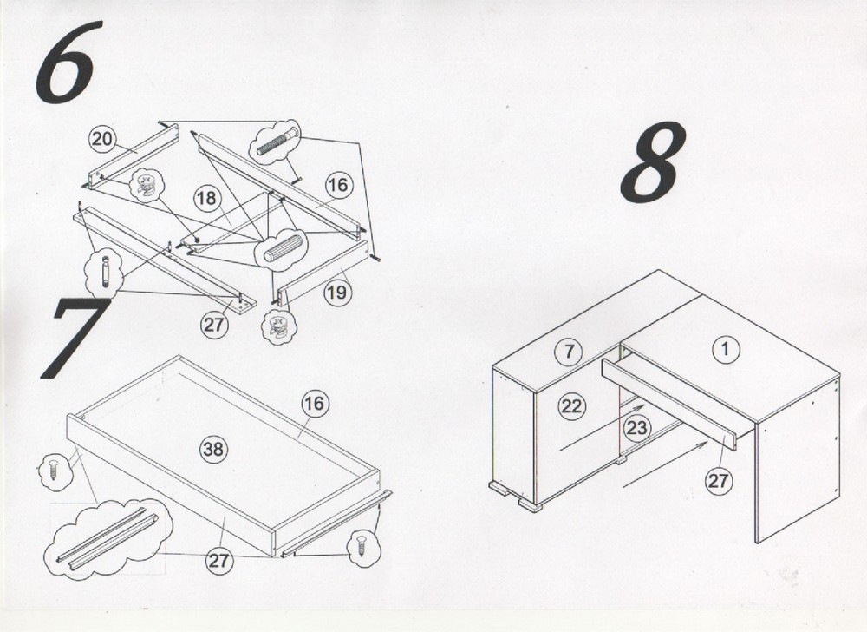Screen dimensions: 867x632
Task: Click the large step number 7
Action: (75, 338)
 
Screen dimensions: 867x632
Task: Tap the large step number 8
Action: (653, 162)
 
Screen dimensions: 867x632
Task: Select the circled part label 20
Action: (101, 139)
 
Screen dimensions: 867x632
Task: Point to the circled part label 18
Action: (207, 198)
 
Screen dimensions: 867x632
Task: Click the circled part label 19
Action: (336, 292)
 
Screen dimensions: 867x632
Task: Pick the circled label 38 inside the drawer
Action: (213, 449)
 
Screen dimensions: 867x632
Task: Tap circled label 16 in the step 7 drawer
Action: (314, 404)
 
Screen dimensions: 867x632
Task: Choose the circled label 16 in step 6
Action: (338, 185)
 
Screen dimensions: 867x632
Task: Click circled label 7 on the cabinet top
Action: (570, 351)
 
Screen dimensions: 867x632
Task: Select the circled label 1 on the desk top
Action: (726, 349)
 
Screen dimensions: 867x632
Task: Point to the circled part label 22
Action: (571, 407)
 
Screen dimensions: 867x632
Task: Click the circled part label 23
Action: (637, 428)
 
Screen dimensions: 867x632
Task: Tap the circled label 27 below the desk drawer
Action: (718, 480)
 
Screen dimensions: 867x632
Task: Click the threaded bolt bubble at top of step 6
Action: (275, 142)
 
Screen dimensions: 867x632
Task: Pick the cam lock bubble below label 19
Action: (278, 327)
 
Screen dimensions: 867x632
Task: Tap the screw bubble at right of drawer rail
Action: (364, 547)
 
